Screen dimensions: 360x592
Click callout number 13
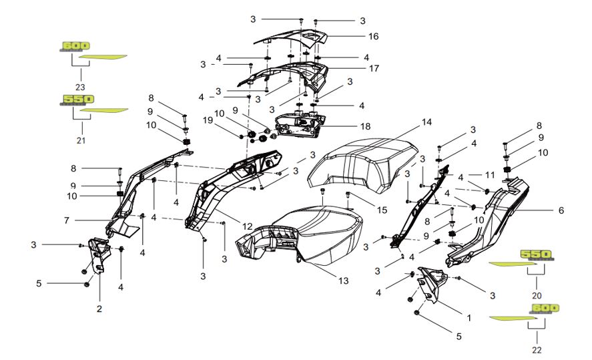(342, 281)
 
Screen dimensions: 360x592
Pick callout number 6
(561, 210)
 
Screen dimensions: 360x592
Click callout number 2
(99, 309)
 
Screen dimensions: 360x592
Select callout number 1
(467, 319)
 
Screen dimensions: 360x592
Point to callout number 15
(381, 210)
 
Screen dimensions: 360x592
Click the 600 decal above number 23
(71, 46)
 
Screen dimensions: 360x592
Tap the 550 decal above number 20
(536, 254)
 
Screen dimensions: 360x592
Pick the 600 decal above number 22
(545, 308)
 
